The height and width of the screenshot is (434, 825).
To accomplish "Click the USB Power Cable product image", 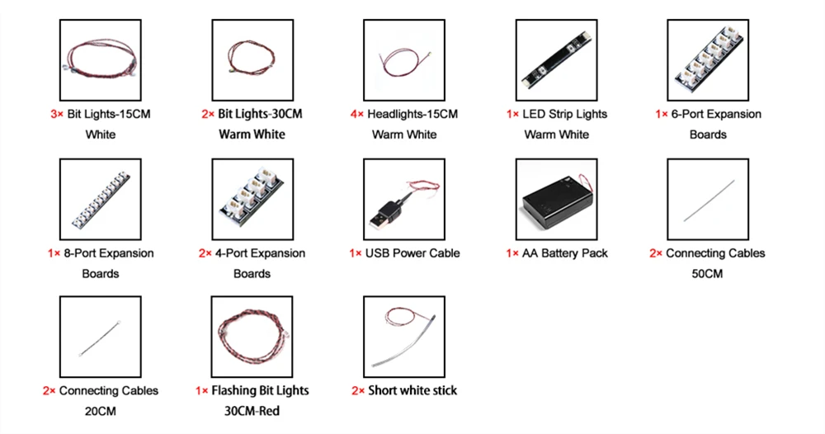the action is [404, 199].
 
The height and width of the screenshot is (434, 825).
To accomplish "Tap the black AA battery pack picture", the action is [556, 199].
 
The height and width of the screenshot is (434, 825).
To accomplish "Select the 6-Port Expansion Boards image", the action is [708, 60].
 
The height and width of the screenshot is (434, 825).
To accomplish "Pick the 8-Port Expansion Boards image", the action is [101, 199].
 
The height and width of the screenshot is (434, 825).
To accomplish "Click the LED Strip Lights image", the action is [556, 60].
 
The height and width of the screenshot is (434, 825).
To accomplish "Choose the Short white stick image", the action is [404, 337].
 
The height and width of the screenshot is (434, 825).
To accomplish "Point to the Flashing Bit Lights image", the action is [252, 337].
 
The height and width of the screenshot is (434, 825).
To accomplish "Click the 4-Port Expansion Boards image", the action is [252, 199].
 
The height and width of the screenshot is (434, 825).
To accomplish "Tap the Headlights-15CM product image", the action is [404, 60].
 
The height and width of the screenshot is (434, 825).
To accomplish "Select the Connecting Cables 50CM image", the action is [708, 199].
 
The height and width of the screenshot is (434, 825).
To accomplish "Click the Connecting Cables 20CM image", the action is [101, 337].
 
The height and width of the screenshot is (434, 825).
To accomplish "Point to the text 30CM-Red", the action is [252, 411].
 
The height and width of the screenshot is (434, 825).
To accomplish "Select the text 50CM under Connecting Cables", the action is [707, 273].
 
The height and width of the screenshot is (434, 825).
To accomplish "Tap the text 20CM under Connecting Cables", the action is [101, 411].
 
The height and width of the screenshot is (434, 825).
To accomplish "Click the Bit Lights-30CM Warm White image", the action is [252, 60].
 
